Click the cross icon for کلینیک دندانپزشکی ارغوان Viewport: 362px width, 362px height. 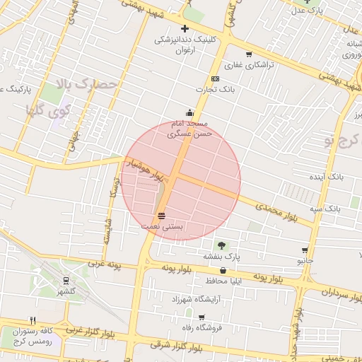pyautogui.click(x=185, y=29)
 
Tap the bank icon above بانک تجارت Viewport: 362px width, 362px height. pyautogui.click(x=215, y=78)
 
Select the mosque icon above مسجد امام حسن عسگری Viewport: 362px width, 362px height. pyautogui.click(x=189, y=112)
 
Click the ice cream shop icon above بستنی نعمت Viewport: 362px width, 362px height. pyautogui.click(x=162, y=215)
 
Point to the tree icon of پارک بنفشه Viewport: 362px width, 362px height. pyautogui.click(x=222, y=245)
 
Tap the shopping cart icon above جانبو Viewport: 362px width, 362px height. pyautogui.click(x=305, y=250)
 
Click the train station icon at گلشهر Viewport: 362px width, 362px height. pyautogui.click(x=66, y=280)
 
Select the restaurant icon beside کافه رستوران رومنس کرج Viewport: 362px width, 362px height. pyautogui.click(x=33, y=320)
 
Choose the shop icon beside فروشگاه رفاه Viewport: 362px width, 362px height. pyautogui.click(x=202, y=317)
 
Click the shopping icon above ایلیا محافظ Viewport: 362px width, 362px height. pyautogui.click(x=223, y=270)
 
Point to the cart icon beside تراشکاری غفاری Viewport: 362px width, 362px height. pyautogui.click(x=248, y=54)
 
